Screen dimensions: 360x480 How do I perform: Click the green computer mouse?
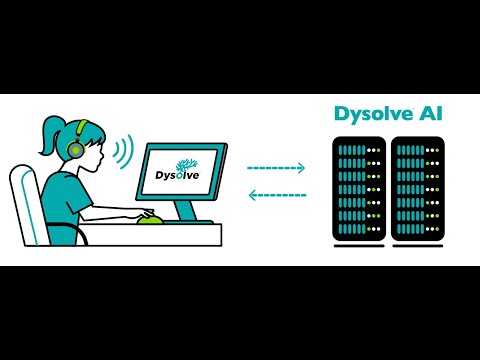[x=149, y=217]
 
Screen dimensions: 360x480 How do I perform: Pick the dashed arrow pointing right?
[x=276, y=168]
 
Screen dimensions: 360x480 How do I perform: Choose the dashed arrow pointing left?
[x=276, y=195]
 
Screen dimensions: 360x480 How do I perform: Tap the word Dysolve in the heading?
[x=371, y=114]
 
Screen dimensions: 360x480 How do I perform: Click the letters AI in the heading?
[x=433, y=114]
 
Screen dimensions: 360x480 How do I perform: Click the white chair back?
[x=24, y=205]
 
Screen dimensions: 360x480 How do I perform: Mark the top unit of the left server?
[x=359, y=150]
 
